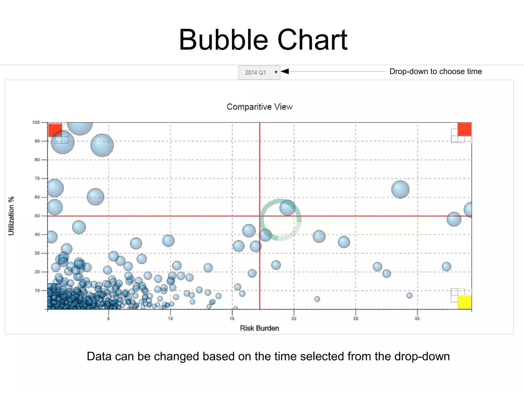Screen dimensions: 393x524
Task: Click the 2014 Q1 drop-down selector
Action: click(259, 72)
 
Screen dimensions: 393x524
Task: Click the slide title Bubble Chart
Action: click(263, 40)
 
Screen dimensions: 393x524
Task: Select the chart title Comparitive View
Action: click(259, 107)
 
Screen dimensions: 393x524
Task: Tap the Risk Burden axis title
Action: click(259, 328)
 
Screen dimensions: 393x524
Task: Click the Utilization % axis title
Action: click(11, 216)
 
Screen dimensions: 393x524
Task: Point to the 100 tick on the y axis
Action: click(36, 122)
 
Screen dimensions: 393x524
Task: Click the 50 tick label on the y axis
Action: click(37, 216)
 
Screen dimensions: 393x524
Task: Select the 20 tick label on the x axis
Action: click(294, 318)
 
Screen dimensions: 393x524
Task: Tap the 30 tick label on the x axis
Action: click(417, 318)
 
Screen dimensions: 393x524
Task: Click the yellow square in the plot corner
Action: click(464, 302)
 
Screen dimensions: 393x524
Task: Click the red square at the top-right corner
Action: click(464, 129)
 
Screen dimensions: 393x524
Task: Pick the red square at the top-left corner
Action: click(55, 130)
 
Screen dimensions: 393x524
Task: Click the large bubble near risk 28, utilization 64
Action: click(400, 189)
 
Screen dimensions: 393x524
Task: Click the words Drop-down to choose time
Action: click(435, 71)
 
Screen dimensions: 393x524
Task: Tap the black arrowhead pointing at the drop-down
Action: click(285, 71)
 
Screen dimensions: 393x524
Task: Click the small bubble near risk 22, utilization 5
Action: click(317, 299)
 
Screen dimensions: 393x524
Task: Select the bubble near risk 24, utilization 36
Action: click(344, 242)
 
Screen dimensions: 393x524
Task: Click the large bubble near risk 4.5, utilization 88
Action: click(102, 145)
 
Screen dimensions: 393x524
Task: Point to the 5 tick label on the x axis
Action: click(108, 318)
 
